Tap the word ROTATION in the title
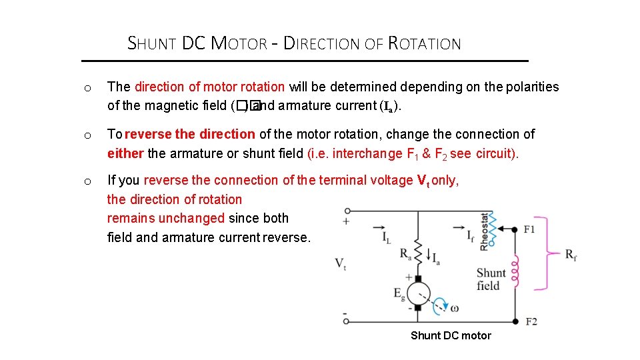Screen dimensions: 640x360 pyautogui.click(x=424, y=44)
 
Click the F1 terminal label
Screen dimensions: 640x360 pyautogui.click(x=530, y=229)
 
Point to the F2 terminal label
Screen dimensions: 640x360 pyautogui.click(x=531, y=321)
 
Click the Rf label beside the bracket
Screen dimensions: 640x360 pyautogui.click(x=571, y=254)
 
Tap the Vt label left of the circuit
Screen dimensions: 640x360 pyautogui.click(x=341, y=263)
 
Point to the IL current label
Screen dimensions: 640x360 pyautogui.click(x=387, y=237)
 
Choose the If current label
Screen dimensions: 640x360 pyautogui.click(x=469, y=235)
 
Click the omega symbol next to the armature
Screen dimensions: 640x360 pyautogui.click(x=455, y=308)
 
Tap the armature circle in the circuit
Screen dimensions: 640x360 pyautogui.click(x=419, y=293)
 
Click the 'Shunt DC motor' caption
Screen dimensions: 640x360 pyautogui.click(x=451, y=335)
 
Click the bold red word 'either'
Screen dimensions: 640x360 pyautogui.click(x=125, y=153)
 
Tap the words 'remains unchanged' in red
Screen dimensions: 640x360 pyautogui.click(x=166, y=218)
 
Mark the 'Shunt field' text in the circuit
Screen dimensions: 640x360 pyautogui.click(x=491, y=279)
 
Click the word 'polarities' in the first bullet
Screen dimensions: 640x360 pyautogui.click(x=533, y=87)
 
